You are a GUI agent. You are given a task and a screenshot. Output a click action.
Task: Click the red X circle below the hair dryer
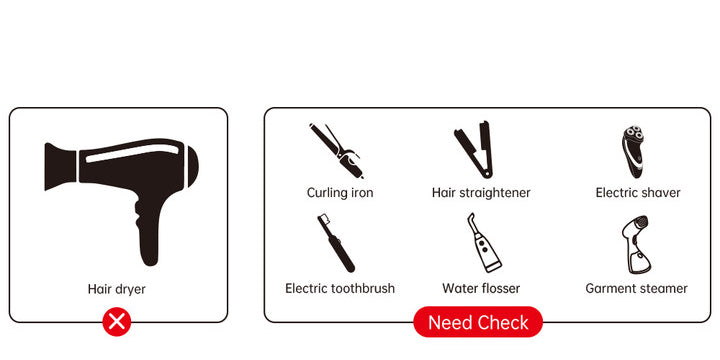pyautogui.click(x=117, y=322)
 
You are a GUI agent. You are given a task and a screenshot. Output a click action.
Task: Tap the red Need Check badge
pyautogui.click(x=478, y=322)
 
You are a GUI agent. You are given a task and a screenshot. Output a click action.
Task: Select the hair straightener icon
pyautogui.click(x=473, y=150)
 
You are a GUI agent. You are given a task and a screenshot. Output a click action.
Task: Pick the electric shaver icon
pyautogui.click(x=633, y=151)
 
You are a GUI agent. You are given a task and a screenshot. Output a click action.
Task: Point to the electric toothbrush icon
pyautogui.click(x=336, y=243)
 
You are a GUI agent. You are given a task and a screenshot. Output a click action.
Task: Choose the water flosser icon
pyautogui.click(x=483, y=243)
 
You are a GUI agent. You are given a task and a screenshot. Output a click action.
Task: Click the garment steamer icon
pyautogui.click(x=636, y=245)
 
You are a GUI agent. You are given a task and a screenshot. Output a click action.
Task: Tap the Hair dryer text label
pyautogui.click(x=117, y=289)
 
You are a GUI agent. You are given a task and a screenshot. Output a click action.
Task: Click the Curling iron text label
pyautogui.click(x=340, y=193)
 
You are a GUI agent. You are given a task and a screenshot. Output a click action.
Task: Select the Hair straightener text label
pyautogui.click(x=481, y=193)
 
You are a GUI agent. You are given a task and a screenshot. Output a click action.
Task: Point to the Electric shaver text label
pyautogui.click(x=638, y=193)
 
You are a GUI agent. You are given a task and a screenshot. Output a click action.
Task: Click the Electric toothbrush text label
pyautogui.click(x=340, y=288)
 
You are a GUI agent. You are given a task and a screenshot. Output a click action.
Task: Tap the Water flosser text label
pyautogui.click(x=481, y=288)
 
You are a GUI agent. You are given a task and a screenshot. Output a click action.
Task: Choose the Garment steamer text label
pyautogui.click(x=636, y=288)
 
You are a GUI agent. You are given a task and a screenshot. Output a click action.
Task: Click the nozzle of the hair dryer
pyautogui.click(x=60, y=166)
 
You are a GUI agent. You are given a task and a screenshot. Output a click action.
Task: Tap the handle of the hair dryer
pyautogui.click(x=148, y=230)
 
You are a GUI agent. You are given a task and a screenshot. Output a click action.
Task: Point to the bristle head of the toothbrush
pyautogui.click(x=323, y=218)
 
